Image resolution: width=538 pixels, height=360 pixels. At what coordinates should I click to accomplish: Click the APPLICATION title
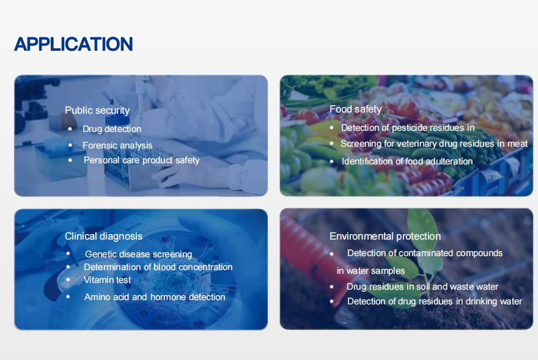click(73, 44)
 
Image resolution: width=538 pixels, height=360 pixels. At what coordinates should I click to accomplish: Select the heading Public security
click(97, 111)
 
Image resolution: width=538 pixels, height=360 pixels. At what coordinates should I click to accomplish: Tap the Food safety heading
click(355, 109)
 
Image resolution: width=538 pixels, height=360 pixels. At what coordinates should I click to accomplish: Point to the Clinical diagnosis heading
click(103, 236)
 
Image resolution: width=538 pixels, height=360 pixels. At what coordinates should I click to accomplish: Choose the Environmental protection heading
click(385, 236)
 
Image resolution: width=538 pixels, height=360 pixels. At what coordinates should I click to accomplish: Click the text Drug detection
click(112, 129)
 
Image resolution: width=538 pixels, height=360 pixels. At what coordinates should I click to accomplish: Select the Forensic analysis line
click(117, 145)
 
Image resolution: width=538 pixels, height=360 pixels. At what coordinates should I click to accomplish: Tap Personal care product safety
click(142, 160)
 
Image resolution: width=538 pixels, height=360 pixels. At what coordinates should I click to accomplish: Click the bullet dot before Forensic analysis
click(70, 145)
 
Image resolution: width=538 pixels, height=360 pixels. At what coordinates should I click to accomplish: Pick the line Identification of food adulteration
click(407, 161)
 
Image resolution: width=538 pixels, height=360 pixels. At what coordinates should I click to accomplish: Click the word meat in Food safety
click(517, 144)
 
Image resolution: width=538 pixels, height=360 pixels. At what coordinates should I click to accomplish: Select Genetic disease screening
click(139, 254)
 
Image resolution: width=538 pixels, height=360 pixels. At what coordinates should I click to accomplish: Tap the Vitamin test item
click(108, 280)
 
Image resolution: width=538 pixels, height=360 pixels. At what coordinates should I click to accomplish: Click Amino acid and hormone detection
click(155, 297)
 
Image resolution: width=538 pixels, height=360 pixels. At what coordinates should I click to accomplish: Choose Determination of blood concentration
click(158, 267)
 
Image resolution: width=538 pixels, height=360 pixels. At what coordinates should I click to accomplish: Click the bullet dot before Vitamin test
click(68, 280)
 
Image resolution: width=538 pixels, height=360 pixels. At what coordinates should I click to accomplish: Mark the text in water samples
click(370, 271)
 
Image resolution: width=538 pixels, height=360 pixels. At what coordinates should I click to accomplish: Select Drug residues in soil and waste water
click(422, 287)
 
